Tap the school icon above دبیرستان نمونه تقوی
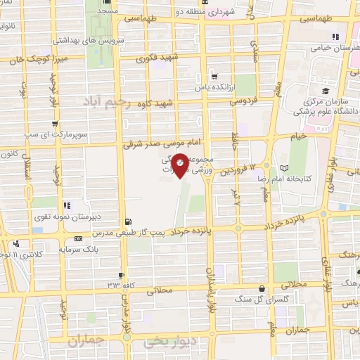[x=68, y=206]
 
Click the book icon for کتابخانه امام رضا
[x=284, y=168]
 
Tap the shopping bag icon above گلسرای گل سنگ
[x=262, y=288]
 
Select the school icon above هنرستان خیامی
[x=335, y=37]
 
